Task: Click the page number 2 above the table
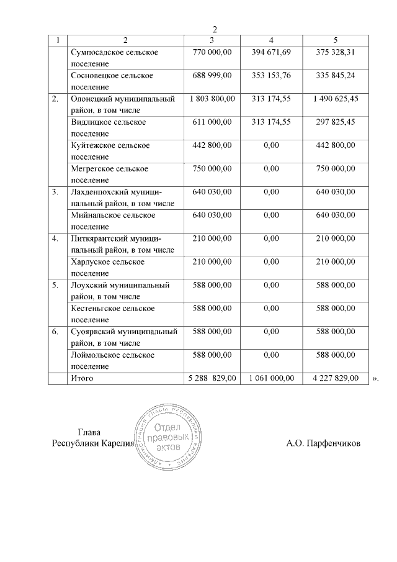215,29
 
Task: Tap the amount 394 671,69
271,52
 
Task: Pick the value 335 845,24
336,75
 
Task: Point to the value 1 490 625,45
336,99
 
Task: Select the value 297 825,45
336,122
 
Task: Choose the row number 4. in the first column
55,238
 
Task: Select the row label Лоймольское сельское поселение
112,360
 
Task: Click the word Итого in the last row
83,378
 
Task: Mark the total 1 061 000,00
271,378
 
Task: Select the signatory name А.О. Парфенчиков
323,443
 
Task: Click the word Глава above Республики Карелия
89,433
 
